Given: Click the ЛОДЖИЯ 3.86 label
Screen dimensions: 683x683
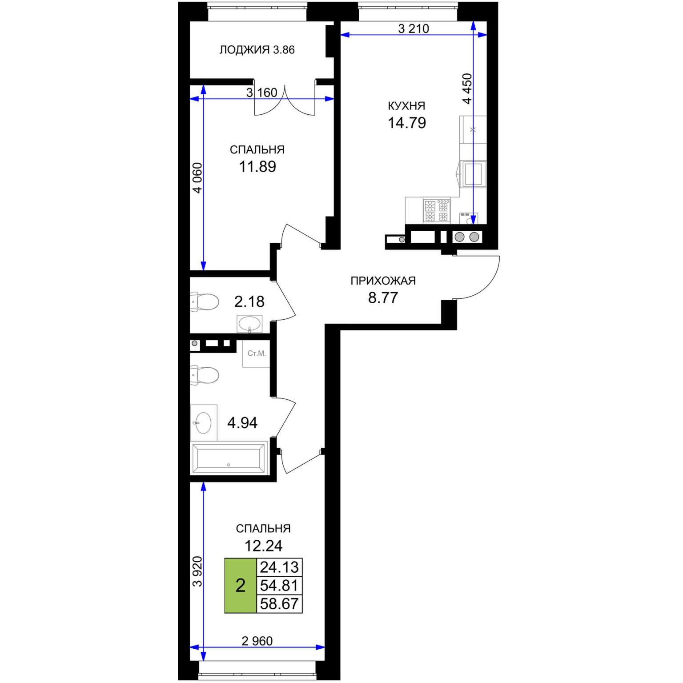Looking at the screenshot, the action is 257,50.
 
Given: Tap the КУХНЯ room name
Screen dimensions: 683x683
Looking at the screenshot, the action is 406,106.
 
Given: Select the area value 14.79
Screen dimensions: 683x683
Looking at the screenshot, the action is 407,123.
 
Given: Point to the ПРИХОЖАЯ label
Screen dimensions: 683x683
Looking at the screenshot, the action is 383,281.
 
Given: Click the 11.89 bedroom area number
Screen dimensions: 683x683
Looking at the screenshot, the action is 257,167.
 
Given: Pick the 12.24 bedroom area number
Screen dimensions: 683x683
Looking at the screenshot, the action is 264,546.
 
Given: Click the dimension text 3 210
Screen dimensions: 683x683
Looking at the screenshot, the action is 414,29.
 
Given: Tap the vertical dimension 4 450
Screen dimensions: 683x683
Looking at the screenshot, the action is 467,89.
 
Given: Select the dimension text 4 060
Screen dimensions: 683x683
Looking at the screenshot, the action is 197,178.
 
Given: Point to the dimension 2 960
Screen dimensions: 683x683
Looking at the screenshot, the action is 257,641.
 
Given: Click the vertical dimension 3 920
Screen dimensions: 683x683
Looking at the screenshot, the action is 197,571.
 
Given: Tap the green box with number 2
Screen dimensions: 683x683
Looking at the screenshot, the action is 241,586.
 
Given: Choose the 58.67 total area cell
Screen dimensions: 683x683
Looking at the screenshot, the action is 279,604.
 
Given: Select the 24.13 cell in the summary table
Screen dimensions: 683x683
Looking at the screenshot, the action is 279,567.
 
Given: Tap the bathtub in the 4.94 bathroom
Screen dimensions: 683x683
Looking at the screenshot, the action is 229,458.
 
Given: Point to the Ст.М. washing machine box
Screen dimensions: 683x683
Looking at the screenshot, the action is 256,354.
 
